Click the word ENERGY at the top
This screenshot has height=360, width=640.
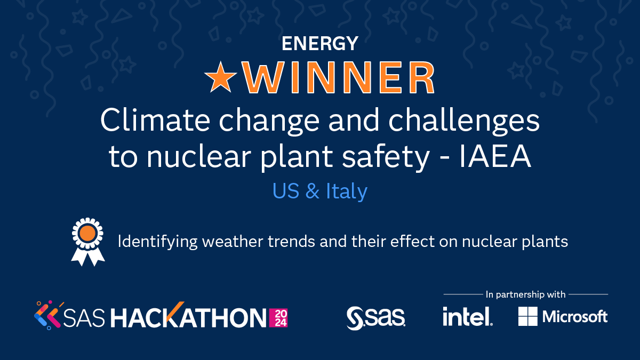pos(320,44)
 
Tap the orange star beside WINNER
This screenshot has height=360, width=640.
pos(221,78)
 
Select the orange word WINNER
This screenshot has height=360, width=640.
pos(339,78)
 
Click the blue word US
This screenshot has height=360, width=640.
pos(287,191)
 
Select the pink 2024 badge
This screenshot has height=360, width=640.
pos(279,318)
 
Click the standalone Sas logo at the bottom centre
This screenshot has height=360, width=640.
pos(375,317)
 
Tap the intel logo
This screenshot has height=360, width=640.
pos(467,317)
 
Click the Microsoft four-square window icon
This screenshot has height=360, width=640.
pos(527,317)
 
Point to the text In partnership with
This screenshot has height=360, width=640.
pos(525,294)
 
